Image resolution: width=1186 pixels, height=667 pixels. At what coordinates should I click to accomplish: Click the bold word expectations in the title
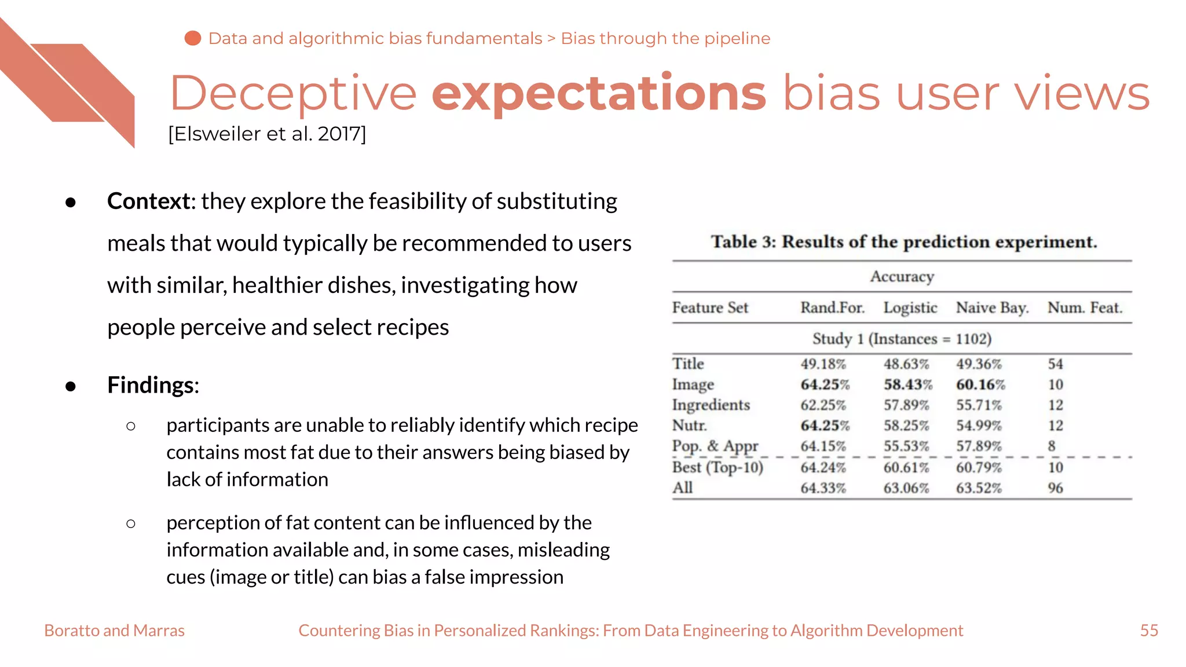pyautogui.click(x=599, y=94)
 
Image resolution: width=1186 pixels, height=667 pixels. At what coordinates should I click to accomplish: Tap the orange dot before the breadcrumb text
pyautogui.click(x=192, y=38)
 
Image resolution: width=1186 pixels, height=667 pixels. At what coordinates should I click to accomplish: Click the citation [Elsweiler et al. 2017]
pyautogui.click(x=267, y=134)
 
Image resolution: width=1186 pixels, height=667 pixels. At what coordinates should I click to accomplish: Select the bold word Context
pyautogui.click(x=149, y=201)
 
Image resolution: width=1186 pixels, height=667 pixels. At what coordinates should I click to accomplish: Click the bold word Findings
pyautogui.click(x=152, y=385)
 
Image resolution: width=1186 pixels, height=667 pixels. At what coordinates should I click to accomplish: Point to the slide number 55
pyautogui.click(x=1149, y=631)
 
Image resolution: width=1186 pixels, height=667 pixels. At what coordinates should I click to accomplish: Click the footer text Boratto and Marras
pyautogui.click(x=114, y=631)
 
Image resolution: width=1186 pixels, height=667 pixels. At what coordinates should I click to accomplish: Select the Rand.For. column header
pyautogui.click(x=832, y=307)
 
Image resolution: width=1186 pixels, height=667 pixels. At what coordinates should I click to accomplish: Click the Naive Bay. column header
pyautogui.click(x=992, y=307)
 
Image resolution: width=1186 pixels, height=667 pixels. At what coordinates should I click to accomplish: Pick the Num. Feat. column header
pyautogui.click(x=1085, y=307)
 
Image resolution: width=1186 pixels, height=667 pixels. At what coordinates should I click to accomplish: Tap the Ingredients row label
pyautogui.click(x=711, y=405)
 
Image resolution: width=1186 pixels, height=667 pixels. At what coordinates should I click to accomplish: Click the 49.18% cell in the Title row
pyautogui.click(x=823, y=364)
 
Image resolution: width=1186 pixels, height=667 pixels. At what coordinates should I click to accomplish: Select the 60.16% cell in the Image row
pyautogui.click(x=980, y=384)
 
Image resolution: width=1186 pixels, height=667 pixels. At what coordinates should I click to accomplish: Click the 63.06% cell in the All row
pyautogui.click(x=906, y=488)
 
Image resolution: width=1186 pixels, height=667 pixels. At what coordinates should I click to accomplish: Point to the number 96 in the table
pyautogui.click(x=1055, y=488)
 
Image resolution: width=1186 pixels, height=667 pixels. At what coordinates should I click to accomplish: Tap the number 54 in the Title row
pyautogui.click(x=1055, y=364)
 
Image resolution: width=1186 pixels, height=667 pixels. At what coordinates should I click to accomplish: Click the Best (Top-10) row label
pyautogui.click(x=718, y=467)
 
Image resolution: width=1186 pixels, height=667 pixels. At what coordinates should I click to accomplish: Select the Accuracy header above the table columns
pyautogui.click(x=902, y=277)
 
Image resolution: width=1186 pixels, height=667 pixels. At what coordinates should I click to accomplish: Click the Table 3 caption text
pyautogui.click(x=903, y=241)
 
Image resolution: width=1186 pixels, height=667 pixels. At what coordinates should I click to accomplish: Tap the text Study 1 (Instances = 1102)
pyautogui.click(x=902, y=339)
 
